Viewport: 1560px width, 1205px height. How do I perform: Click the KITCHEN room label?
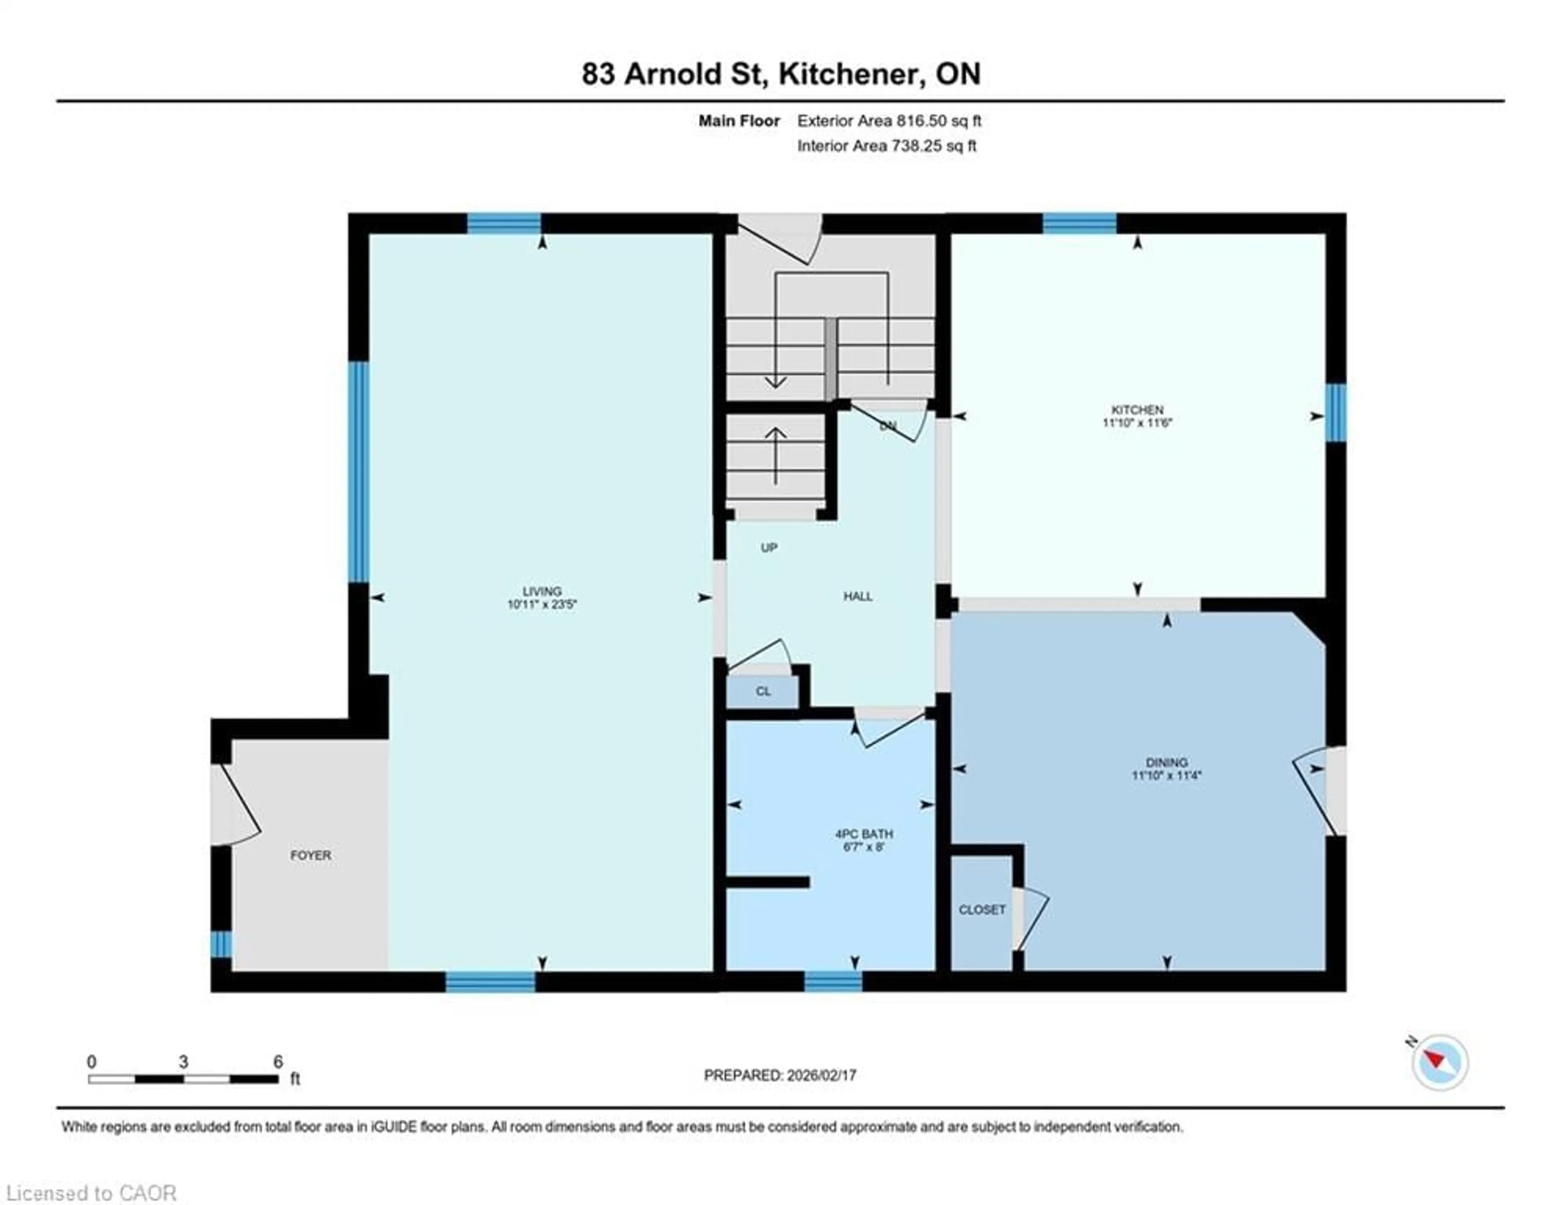pos(1137,409)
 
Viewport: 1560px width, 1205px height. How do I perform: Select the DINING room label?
pos(1166,762)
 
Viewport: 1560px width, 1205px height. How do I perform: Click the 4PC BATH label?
pos(864,833)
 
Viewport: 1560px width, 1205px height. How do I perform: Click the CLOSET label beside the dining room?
pos(981,909)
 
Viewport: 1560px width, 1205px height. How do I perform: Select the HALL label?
pos(857,596)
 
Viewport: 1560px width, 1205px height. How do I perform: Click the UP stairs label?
pos(769,548)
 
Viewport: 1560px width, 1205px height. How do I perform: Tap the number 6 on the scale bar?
pos(278,1061)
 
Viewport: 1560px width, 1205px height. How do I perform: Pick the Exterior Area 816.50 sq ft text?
pos(888,121)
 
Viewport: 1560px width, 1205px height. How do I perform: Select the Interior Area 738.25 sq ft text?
pos(886,146)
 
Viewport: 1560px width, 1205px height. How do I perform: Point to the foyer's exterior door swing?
pos(236,804)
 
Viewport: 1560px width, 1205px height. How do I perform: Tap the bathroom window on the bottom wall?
pos(833,981)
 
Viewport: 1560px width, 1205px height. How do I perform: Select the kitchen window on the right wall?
pos(1335,413)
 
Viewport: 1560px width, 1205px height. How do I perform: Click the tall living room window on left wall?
pos(359,472)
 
